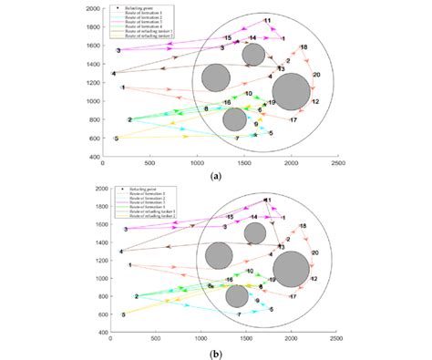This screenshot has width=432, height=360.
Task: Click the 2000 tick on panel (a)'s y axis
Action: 91,7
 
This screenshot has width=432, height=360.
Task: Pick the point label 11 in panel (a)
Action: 267,19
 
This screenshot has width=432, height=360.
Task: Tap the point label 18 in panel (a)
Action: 303,46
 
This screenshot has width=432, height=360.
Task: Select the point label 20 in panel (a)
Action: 315,74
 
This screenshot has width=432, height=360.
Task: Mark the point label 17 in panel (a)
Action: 293,119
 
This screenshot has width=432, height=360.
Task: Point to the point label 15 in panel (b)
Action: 230,217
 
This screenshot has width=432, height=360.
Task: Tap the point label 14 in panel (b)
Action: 253,217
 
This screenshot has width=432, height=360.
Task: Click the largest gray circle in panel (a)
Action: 292,92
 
